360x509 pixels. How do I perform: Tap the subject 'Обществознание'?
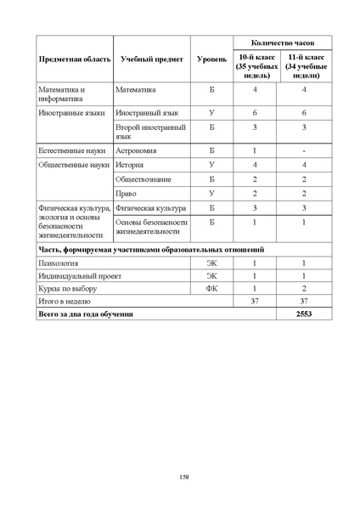(x=143, y=179)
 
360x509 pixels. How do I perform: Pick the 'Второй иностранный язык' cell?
(x=149, y=130)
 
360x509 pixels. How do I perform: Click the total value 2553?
(x=306, y=314)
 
